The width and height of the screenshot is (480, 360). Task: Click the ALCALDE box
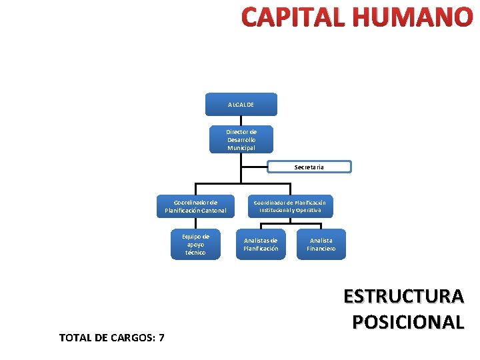tap(241, 105)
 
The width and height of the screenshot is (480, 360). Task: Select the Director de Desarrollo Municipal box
tap(241, 139)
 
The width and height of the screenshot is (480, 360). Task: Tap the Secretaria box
tap(309, 167)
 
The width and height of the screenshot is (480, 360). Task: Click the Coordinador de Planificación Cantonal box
tap(195, 206)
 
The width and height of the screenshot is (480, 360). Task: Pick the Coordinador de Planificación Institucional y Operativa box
tap(290, 205)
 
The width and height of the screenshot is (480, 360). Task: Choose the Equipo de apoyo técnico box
tap(195, 244)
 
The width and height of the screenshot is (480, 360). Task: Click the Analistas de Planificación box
tap(261, 244)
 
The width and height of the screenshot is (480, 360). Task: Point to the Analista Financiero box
tap(321, 244)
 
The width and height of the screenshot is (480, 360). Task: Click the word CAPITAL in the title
tap(294, 18)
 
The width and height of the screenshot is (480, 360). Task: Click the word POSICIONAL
tap(407, 321)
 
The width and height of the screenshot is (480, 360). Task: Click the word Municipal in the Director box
tap(241, 148)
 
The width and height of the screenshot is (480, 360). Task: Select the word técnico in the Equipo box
tap(195, 253)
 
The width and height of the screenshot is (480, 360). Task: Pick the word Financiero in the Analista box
tap(321, 249)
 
